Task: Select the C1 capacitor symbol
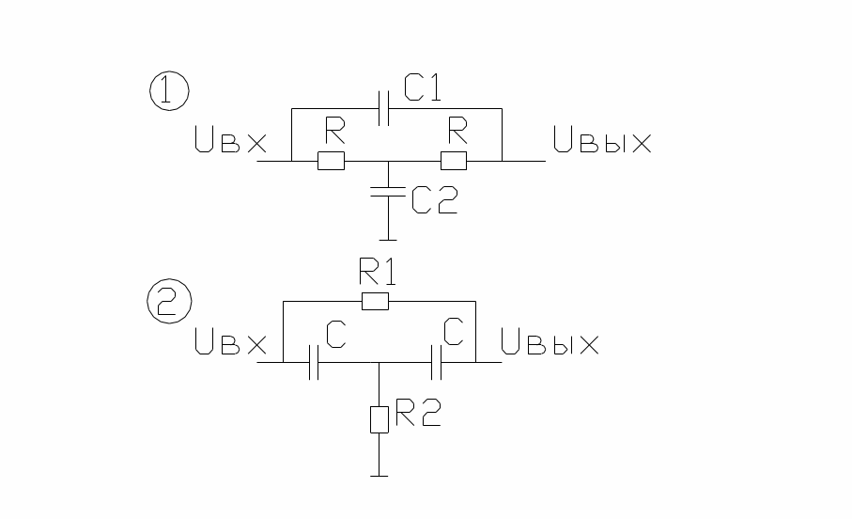pos(383,108)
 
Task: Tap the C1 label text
pos(422,87)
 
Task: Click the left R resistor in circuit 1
pos(331,161)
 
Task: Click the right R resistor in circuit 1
pos(453,161)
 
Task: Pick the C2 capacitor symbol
pos(388,192)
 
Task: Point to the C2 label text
pos(435,199)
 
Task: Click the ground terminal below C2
pos(388,240)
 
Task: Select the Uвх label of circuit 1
pos(230,139)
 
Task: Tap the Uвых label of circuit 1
pos(602,139)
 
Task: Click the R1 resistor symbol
pos(376,301)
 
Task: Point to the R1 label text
pos(378,272)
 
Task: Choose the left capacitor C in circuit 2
pos(314,362)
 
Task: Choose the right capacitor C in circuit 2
pos(436,362)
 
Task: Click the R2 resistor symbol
pos(380,419)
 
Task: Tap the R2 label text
pos(418,412)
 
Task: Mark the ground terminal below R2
pos(380,476)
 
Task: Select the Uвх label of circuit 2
pos(230,341)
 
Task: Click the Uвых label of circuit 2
pos(550,341)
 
